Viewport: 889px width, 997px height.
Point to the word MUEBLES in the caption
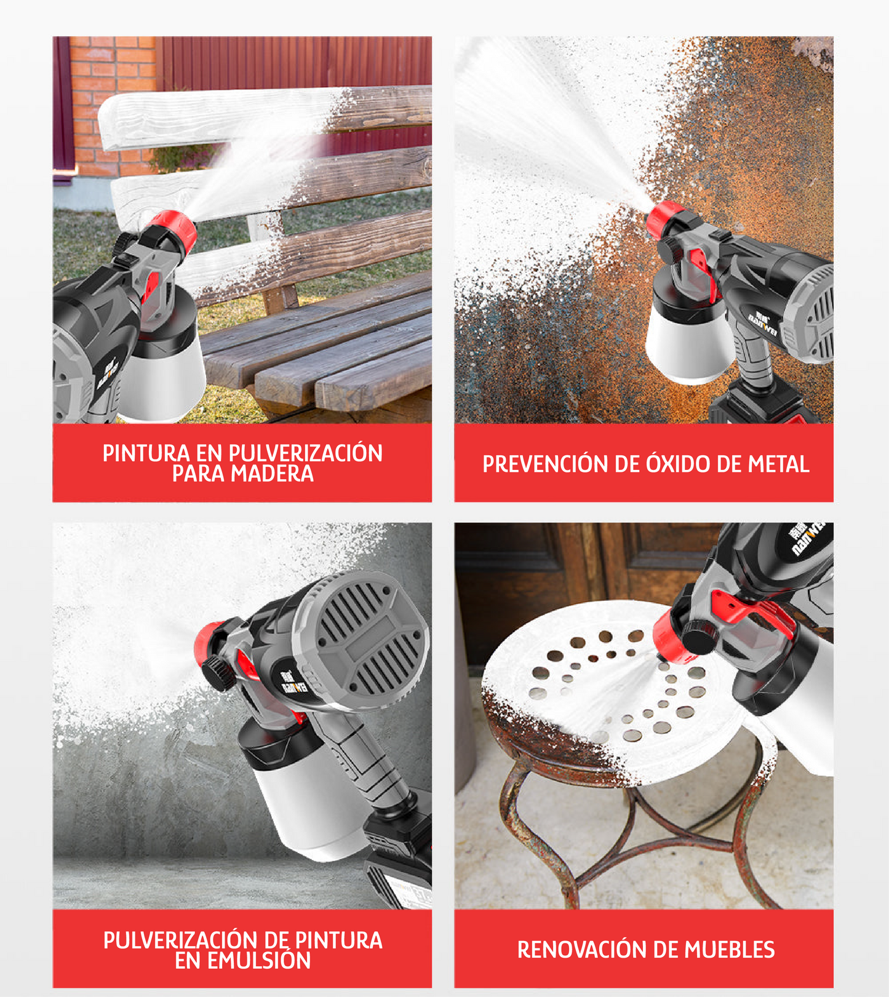(x=730, y=950)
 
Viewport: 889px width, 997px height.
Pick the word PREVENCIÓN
(x=546, y=464)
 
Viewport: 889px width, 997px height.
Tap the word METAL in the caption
(x=778, y=464)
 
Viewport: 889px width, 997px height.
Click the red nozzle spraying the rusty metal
(x=664, y=219)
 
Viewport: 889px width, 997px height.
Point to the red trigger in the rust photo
(x=702, y=271)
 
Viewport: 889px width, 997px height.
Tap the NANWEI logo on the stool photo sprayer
(x=807, y=538)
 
